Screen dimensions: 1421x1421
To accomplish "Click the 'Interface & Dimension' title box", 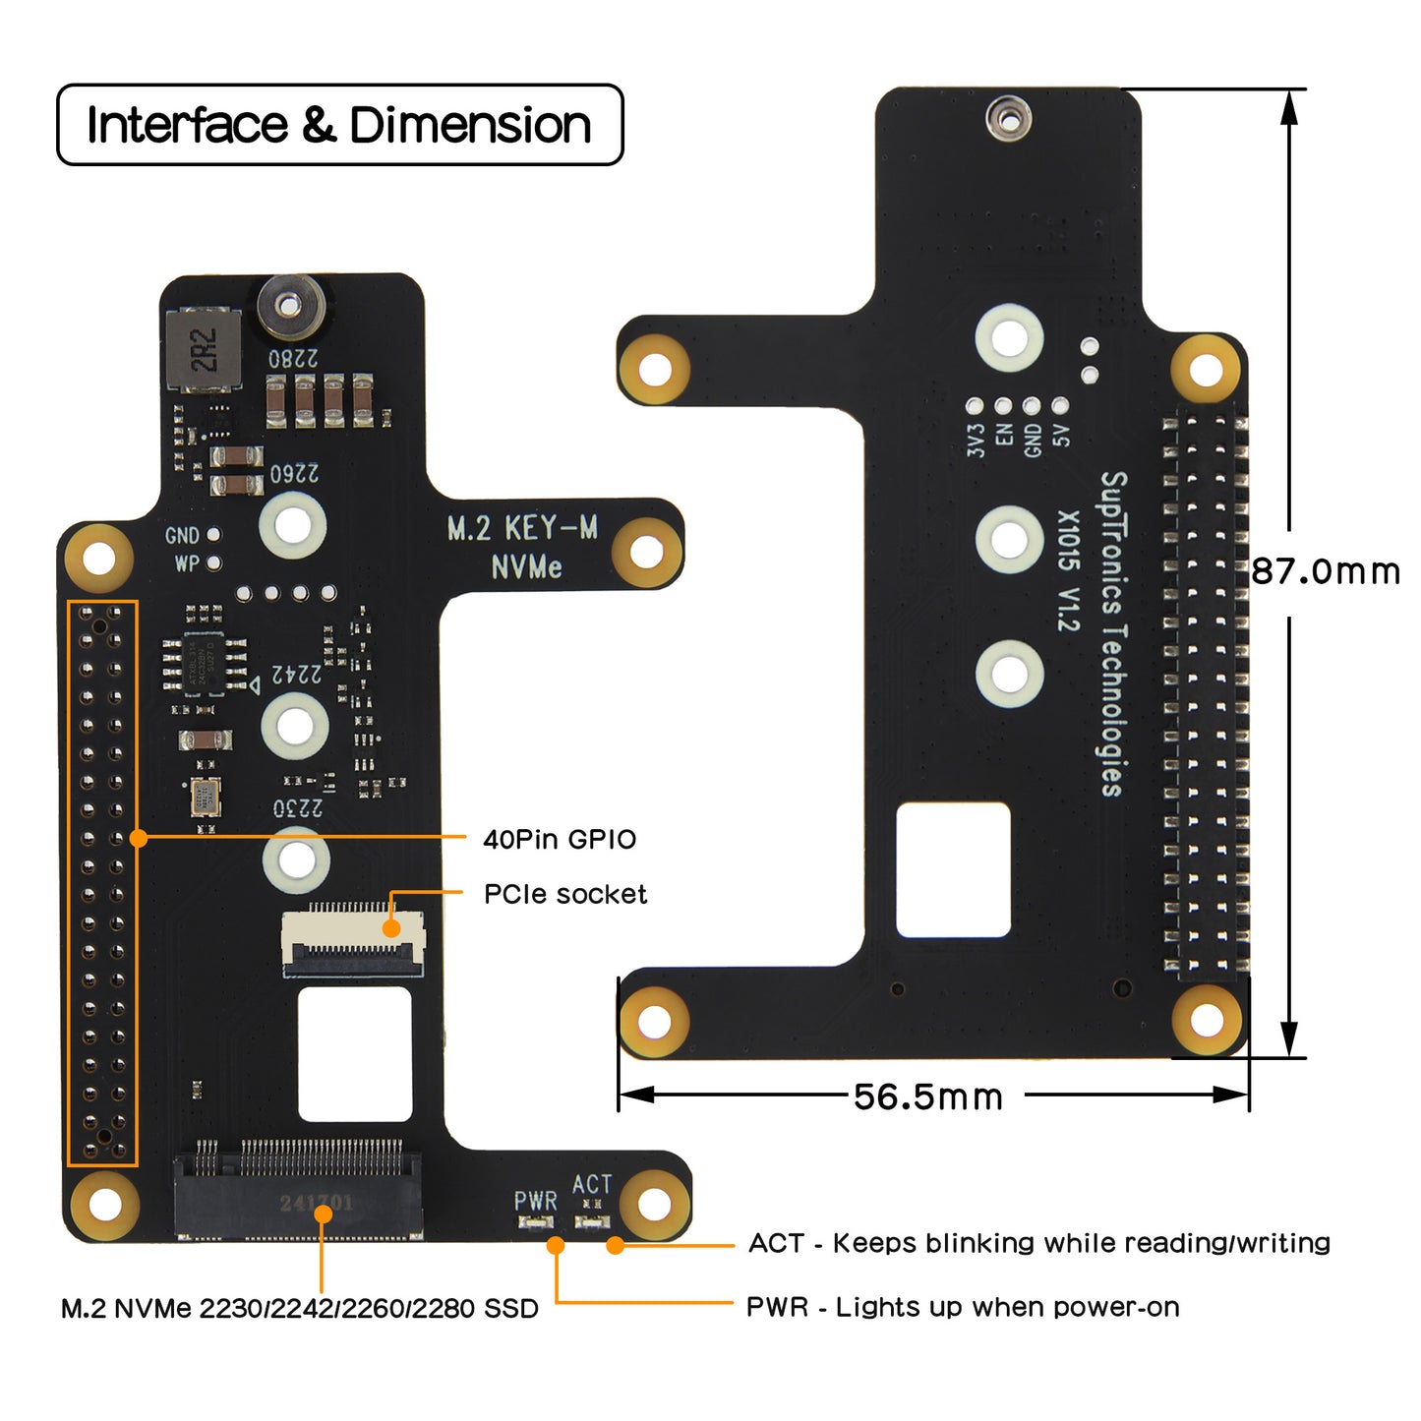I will click(x=339, y=125).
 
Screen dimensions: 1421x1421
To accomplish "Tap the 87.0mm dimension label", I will click(x=1325, y=571).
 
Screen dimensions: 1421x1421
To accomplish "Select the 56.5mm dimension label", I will click(x=927, y=1096).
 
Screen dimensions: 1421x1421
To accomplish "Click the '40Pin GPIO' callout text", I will click(x=560, y=839).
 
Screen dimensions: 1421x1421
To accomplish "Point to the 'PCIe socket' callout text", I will click(x=565, y=894).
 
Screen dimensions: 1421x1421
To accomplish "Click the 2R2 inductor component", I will click(x=204, y=349).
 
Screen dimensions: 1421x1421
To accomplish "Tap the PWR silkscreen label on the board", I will click(x=535, y=1201).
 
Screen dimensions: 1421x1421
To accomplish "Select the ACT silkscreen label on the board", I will click(x=592, y=1184).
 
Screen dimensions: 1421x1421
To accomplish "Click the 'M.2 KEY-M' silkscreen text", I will click(x=522, y=528).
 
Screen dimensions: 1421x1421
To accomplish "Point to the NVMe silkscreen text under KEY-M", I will click(x=526, y=567).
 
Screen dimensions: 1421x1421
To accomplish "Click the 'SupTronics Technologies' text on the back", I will click(x=1111, y=633).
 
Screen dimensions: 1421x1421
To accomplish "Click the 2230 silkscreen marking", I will click(x=298, y=808).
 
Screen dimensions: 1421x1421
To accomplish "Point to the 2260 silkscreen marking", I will click(x=294, y=474).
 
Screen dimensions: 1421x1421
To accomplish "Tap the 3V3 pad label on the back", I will click(x=976, y=440).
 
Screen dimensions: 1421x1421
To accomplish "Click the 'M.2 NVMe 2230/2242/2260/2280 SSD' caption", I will click(x=300, y=1309).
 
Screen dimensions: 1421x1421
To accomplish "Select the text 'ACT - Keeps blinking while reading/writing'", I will click(x=1038, y=1243).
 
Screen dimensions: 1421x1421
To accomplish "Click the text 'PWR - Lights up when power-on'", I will click(x=963, y=1307).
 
